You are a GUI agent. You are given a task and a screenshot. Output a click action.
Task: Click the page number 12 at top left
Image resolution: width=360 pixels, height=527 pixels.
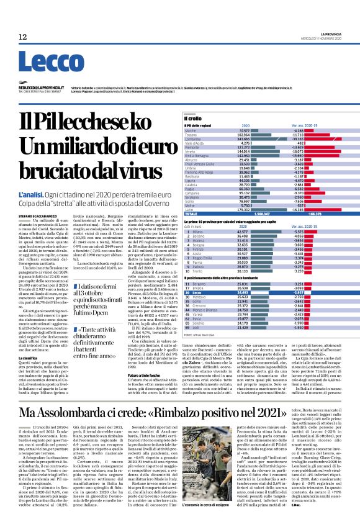(22, 37)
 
